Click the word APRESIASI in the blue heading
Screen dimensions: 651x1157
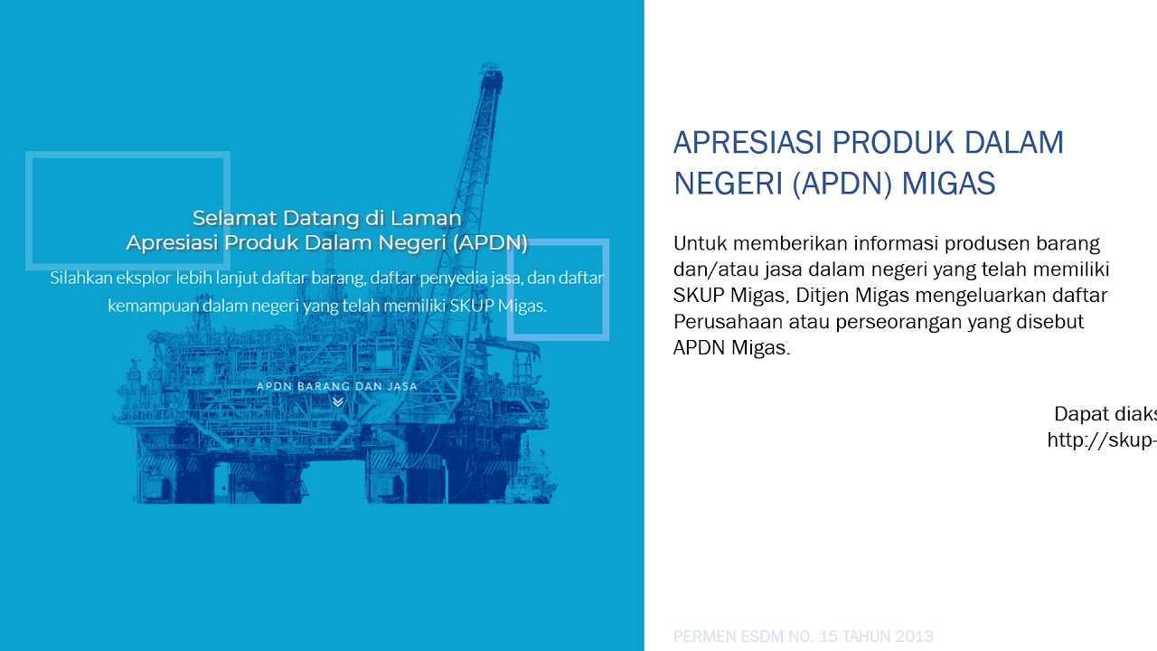coord(748,143)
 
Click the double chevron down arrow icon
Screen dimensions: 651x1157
coord(338,402)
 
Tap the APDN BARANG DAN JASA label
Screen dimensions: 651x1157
coord(337,386)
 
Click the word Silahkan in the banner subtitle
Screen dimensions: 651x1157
coord(80,278)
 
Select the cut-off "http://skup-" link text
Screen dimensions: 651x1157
coord(1102,440)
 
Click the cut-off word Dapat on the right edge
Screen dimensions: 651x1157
coord(1080,414)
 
